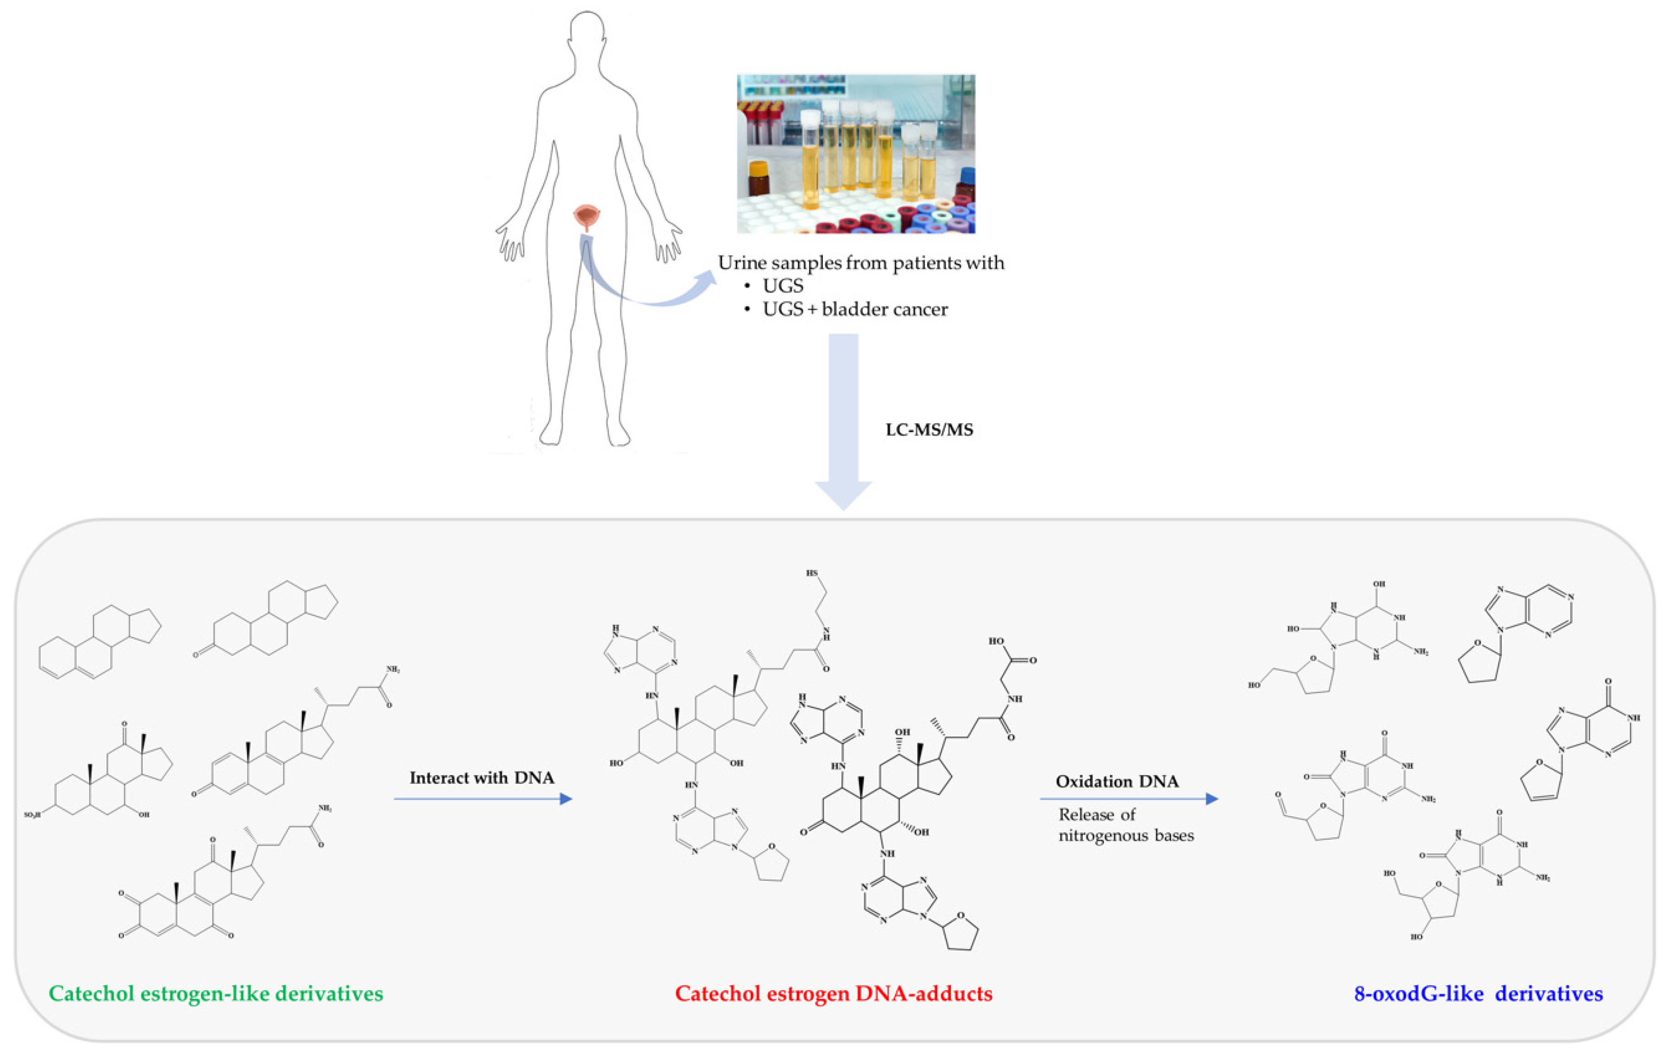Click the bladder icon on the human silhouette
586,217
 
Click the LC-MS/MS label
929,430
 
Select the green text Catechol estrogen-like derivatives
216,994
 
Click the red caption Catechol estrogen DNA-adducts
833,994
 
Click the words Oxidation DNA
1116,781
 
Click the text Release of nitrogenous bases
1126,825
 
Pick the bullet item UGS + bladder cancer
854,309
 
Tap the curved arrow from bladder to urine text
637,291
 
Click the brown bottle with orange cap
759,178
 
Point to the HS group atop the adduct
812,573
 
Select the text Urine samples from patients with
860,263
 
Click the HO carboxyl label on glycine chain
996,641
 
